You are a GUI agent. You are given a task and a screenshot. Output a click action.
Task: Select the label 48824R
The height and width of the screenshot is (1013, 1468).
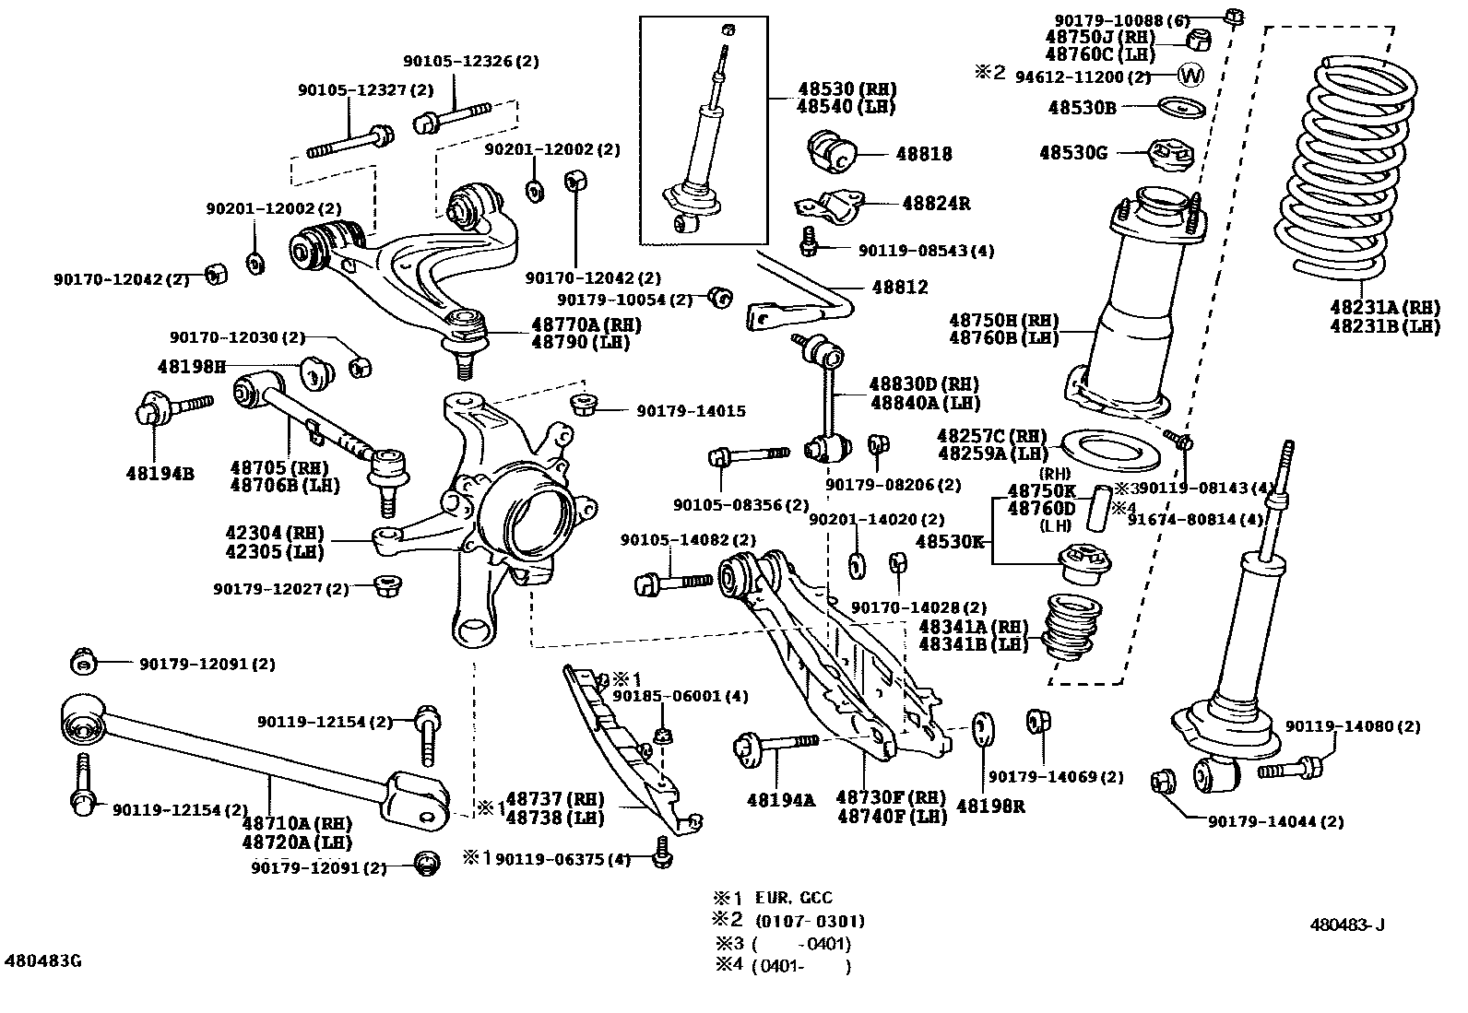tap(935, 204)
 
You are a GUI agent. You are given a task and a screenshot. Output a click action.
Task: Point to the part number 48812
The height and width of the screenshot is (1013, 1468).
tap(899, 288)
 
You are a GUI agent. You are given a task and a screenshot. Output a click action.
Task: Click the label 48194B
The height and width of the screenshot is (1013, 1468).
tap(160, 474)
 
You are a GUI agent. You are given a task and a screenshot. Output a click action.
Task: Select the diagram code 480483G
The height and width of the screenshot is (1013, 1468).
tap(42, 960)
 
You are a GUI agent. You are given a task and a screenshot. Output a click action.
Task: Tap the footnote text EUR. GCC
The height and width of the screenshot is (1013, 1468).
tap(793, 897)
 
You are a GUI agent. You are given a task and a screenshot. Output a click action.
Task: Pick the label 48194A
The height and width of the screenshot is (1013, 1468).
tap(781, 800)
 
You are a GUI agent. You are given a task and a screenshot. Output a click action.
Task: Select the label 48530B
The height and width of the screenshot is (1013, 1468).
tap(1081, 107)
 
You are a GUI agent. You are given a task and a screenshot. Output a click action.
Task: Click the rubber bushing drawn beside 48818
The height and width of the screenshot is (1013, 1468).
tap(833, 152)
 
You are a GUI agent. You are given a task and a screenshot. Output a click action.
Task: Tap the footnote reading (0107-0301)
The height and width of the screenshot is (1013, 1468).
tap(809, 920)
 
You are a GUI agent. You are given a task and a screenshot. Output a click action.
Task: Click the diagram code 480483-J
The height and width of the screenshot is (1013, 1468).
tap(1347, 925)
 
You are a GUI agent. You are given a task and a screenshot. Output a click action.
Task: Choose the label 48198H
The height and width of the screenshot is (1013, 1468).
tap(191, 366)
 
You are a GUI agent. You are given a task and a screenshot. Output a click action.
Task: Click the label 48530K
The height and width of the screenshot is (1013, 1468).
tap(950, 541)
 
